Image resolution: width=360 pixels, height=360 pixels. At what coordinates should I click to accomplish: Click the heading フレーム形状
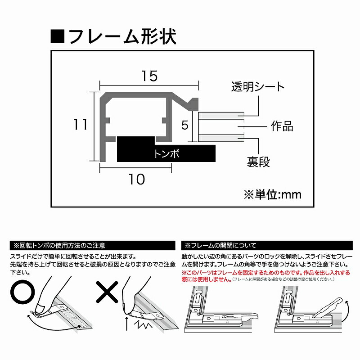click(x=121, y=36)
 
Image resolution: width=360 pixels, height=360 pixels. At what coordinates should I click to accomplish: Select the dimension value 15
click(x=148, y=76)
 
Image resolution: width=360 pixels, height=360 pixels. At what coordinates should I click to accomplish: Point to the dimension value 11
click(x=81, y=125)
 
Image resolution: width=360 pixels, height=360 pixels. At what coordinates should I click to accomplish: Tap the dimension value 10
click(x=136, y=179)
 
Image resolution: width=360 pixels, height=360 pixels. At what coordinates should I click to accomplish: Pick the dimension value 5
click(x=184, y=125)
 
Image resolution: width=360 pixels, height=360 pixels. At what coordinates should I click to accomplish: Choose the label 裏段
click(x=258, y=162)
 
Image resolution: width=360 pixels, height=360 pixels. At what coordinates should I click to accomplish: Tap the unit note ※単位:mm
click(x=272, y=194)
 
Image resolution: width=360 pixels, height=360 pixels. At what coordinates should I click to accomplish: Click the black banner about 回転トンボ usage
click(x=92, y=246)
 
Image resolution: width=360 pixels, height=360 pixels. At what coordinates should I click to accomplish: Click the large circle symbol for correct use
click(x=22, y=294)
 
